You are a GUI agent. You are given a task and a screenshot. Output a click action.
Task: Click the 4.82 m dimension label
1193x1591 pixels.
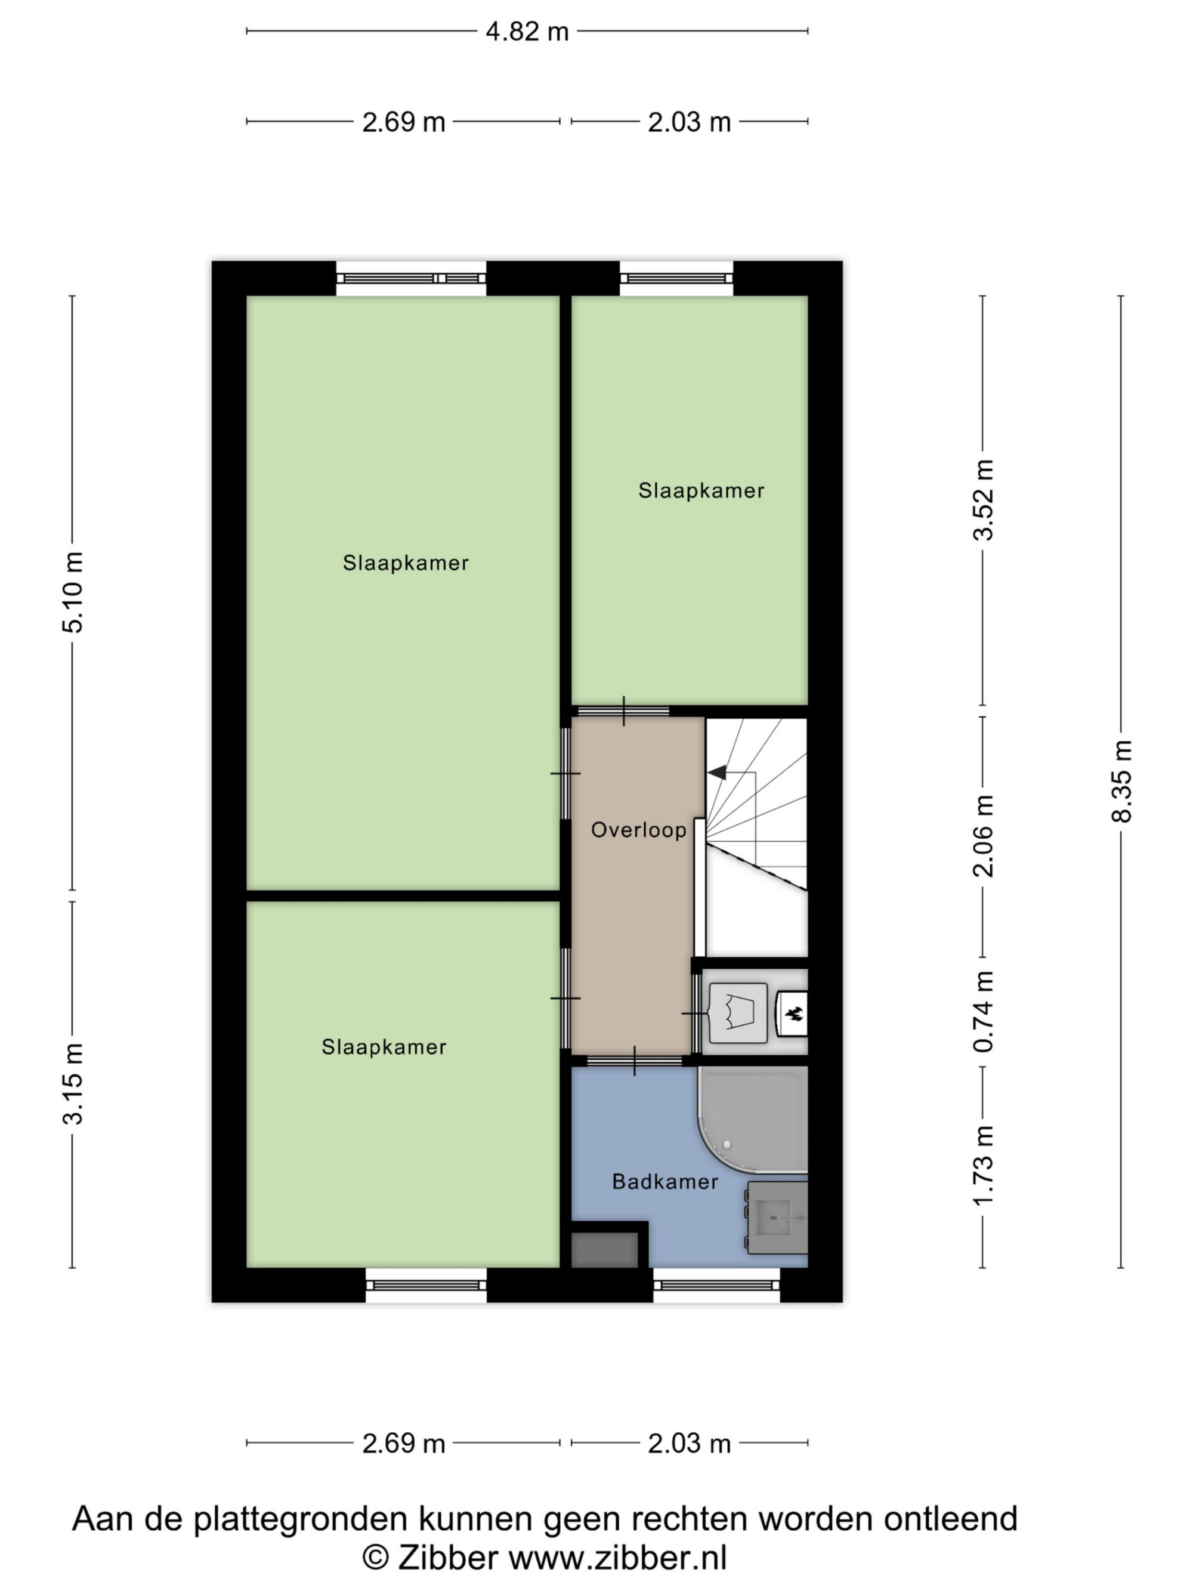pyautogui.click(x=527, y=32)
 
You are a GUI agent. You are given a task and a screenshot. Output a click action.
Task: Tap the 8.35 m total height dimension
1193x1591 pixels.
pyautogui.click(x=1122, y=781)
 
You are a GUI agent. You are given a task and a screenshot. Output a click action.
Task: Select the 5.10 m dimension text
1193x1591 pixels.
pyautogui.click(x=73, y=592)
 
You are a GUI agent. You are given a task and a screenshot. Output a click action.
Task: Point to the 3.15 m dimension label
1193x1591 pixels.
pyautogui.click(x=73, y=1083)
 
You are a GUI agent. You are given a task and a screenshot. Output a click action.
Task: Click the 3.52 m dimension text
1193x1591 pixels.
pyautogui.click(x=983, y=500)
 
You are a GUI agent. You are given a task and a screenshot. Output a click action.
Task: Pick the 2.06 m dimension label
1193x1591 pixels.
pyautogui.click(x=983, y=836)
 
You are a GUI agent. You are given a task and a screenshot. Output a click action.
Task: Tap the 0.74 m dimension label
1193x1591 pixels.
pyautogui.click(x=983, y=1012)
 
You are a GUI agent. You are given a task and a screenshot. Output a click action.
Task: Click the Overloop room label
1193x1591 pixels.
pyautogui.click(x=639, y=830)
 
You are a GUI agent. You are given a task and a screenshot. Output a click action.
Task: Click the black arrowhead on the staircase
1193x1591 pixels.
pyautogui.click(x=717, y=773)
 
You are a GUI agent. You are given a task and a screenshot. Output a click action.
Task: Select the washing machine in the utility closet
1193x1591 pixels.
pyautogui.click(x=738, y=1013)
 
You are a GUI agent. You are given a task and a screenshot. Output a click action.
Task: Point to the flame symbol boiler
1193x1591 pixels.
pyautogui.click(x=793, y=1014)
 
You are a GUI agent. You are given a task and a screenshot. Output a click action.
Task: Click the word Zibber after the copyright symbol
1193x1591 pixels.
pyautogui.click(x=448, y=1559)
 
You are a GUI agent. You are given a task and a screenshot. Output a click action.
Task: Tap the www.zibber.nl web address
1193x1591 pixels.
pyautogui.click(x=619, y=1559)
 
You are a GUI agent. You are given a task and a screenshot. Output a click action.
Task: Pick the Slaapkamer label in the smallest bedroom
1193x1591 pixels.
pyautogui.click(x=701, y=490)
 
